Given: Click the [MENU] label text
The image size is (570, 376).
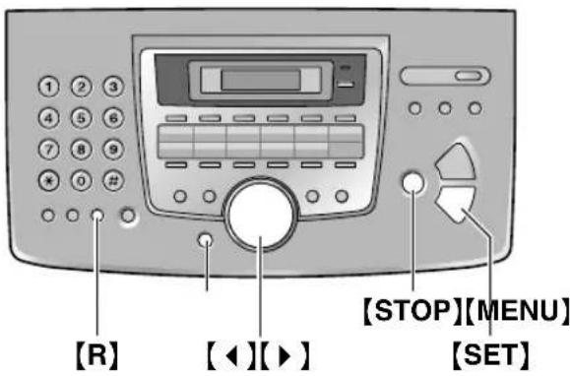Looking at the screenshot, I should [x=518, y=312].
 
